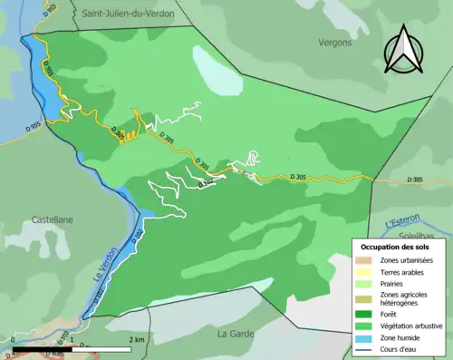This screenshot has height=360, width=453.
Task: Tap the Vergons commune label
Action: click(335, 42)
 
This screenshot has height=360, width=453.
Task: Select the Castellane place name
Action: click(53, 219)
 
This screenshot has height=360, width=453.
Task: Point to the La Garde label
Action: click(234, 333)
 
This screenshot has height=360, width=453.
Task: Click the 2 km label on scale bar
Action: click(137, 339)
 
